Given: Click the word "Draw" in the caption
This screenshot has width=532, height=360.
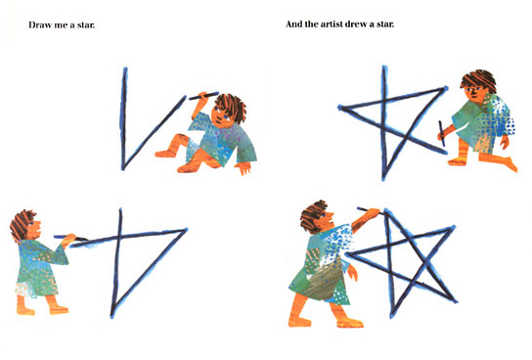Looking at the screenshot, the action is [40, 25].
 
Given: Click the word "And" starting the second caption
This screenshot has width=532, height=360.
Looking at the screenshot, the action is [293, 24].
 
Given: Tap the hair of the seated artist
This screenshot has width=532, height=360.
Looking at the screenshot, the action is [232, 106].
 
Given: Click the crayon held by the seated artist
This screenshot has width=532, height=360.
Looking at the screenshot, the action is [203, 96].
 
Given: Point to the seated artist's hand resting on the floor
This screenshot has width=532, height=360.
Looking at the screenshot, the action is [244, 167].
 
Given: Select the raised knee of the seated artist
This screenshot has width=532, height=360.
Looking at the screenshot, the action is [180, 139].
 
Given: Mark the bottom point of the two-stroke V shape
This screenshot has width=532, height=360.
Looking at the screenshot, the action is [123, 168].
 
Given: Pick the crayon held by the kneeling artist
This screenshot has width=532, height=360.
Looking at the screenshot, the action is [441, 134].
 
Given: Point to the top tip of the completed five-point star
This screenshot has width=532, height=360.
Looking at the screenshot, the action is [385, 210].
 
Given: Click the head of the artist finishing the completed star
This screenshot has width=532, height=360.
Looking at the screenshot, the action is [317, 216].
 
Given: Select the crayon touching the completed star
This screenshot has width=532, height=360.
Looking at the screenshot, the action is [370, 210].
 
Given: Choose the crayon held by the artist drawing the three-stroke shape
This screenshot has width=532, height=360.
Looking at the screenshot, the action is [70, 238].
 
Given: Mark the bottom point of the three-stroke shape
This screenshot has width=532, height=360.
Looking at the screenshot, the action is [112, 316].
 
